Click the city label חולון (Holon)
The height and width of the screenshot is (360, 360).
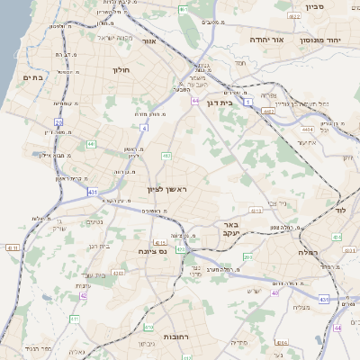tap(121, 69)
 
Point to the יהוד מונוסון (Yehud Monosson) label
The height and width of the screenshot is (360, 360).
tap(329, 40)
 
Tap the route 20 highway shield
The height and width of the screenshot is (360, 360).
tap(58, 121)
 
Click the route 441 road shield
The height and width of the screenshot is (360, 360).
tap(91, 143)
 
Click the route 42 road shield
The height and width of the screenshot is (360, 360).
tap(84, 295)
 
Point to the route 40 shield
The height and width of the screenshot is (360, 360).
tap(274, 292)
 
